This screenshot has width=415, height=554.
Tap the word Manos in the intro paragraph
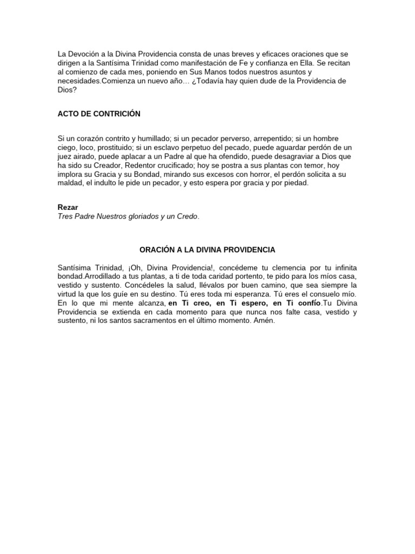pyautogui.click(x=221, y=72)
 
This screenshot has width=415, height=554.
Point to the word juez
pyautogui.click(x=66, y=156)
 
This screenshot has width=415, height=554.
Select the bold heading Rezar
pyautogui.click(x=68, y=207)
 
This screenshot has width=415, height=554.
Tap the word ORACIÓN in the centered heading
pyautogui.click(x=157, y=250)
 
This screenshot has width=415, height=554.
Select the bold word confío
pyautogui.click(x=306, y=303)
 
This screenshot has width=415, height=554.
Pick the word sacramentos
pyautogui.click(x=143, y=321)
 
